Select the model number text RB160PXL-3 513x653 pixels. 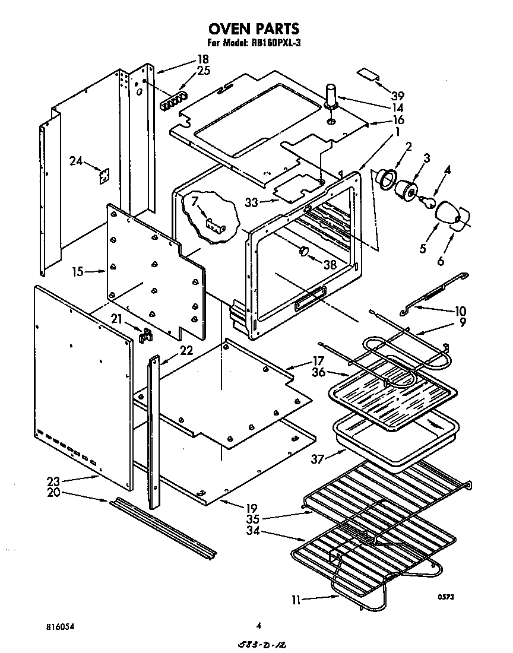coord(275,43)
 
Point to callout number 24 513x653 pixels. coord(75,160)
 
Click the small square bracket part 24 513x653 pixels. coord(105,176)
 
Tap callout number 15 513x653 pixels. coord(78,272)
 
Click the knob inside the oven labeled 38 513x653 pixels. coord(304,252)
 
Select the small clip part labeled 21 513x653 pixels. coord(144,336)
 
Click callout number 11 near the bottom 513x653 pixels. coord(296,600)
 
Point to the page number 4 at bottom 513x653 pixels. coord(259,625)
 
